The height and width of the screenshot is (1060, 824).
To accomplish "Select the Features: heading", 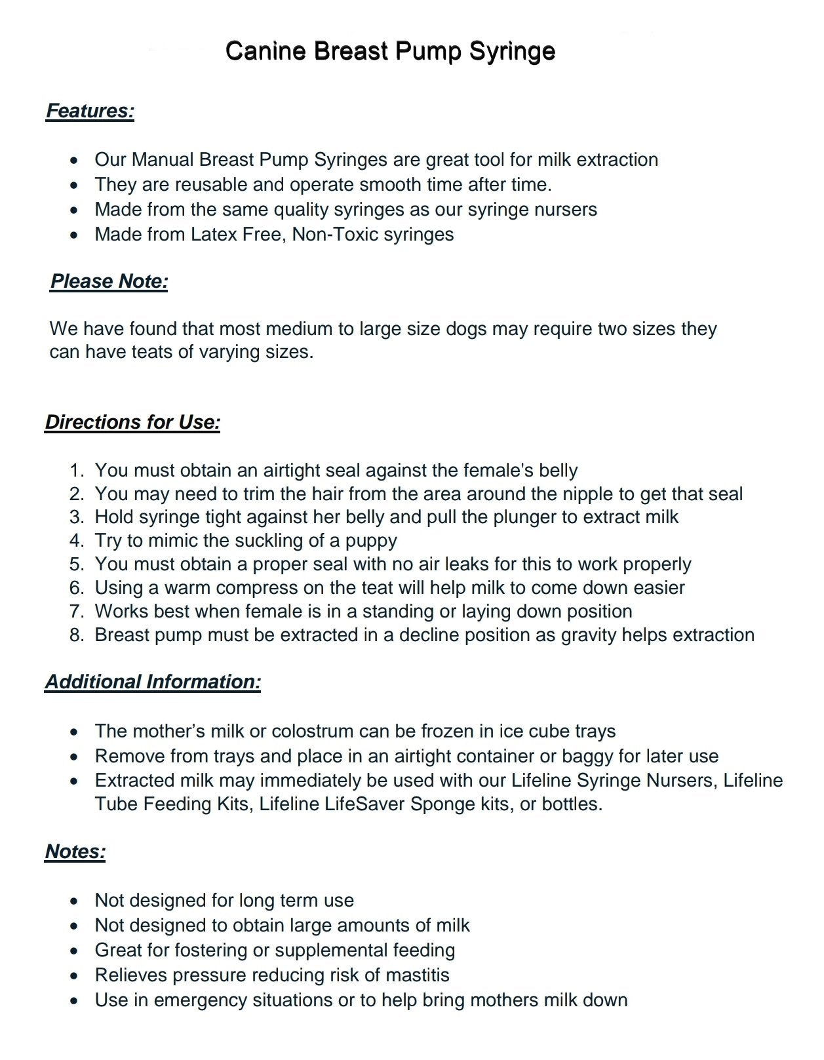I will coord(90,111).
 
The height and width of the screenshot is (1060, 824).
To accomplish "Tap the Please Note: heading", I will coord(109,281).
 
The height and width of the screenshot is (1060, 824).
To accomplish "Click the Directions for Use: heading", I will coord(132,422).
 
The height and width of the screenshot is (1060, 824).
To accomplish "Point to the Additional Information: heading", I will coord(153,682).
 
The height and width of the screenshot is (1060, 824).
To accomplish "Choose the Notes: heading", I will coord(75,852).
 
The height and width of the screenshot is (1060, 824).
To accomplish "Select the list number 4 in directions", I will coord(77,541).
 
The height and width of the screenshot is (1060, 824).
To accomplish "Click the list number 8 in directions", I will coord(77,635).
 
